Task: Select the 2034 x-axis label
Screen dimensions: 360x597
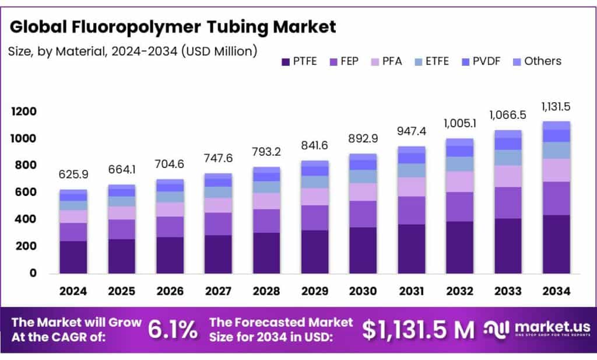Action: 556,290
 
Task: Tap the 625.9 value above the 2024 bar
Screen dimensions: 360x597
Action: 73,174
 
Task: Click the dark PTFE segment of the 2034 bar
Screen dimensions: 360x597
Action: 556,244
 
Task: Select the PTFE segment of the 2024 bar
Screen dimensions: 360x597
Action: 73,257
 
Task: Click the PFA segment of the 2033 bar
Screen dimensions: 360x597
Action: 508,176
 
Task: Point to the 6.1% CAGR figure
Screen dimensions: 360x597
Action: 172,330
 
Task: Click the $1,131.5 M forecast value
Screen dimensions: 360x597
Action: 417,330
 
